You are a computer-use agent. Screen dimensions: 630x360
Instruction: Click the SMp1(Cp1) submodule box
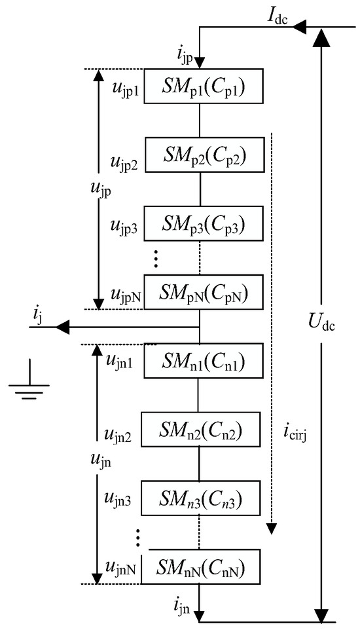(x=199, y=85)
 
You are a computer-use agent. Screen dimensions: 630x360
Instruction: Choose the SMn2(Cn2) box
(x=199, y=430)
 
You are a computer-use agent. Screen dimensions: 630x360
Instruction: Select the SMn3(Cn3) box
(x=199, y=498)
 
